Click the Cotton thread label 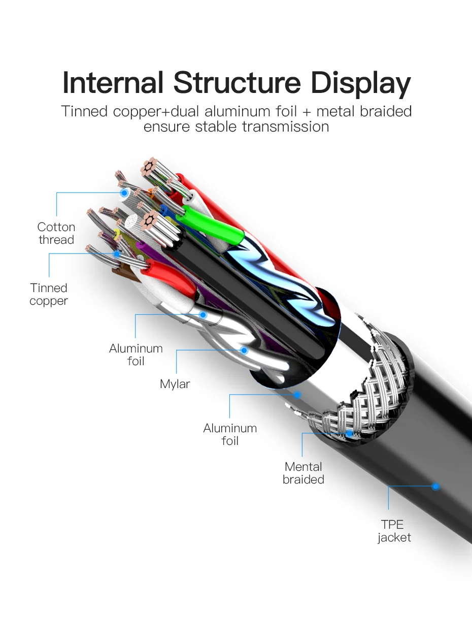click(56, 234)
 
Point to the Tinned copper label click(49, 295)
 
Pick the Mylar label click(175, 384)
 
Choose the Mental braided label click(304, 473)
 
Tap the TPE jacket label click(394, 531)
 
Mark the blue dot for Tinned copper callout click(117, 253)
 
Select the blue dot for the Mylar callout click(244, 350)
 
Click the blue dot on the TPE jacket click(435, 487)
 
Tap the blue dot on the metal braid click(350, 433)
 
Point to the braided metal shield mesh click(365, 386)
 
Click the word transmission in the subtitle click(285, 126)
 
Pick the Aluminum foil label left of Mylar click(136, 355)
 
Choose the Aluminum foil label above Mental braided click(230, 434)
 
